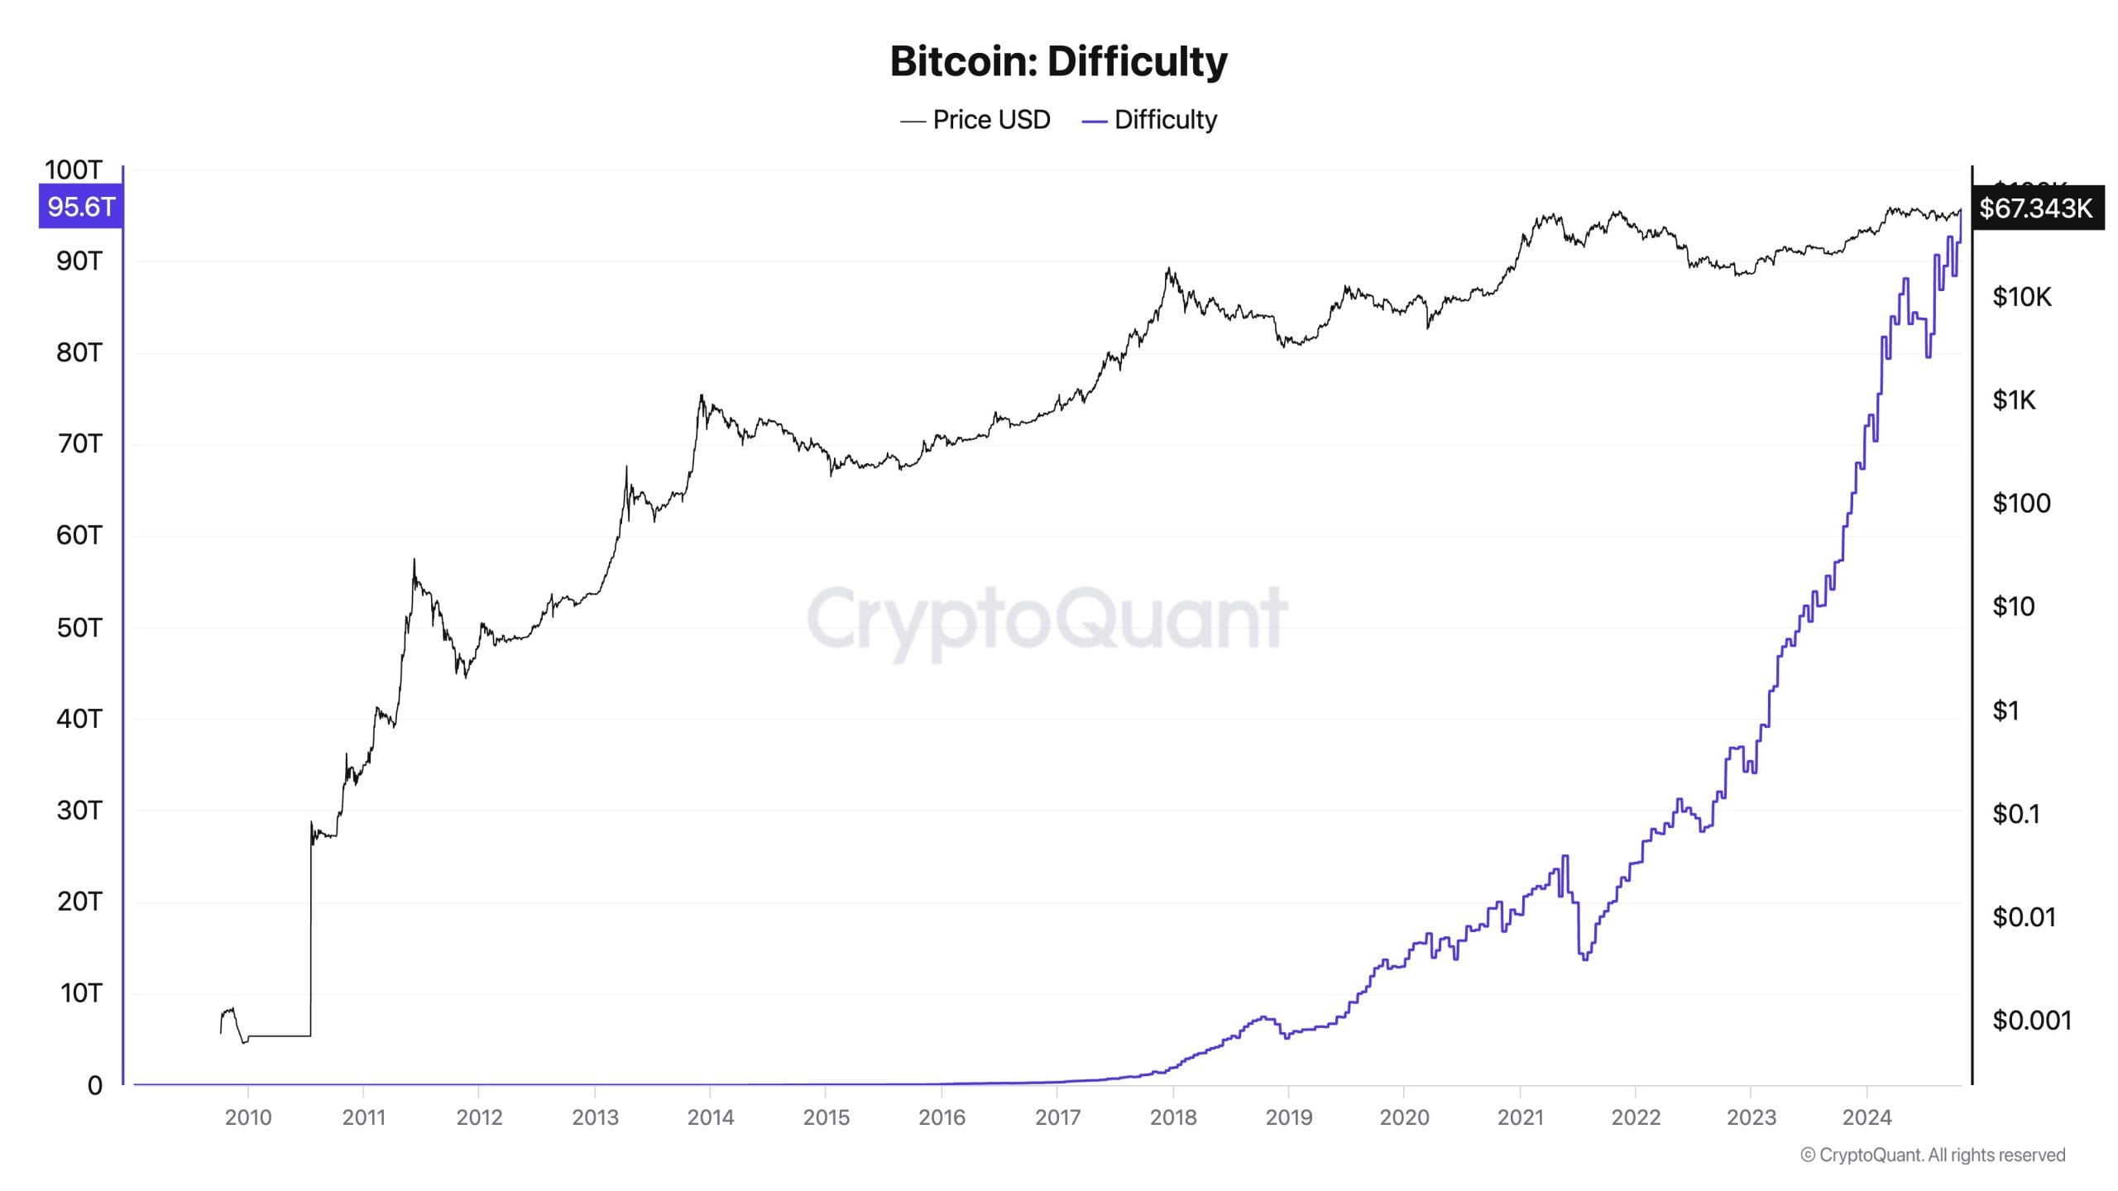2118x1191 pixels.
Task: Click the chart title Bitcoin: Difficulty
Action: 1058,61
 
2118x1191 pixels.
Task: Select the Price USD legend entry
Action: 976,120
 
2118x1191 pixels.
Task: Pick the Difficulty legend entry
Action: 1150,120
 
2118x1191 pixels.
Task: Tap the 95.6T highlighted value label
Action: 81,207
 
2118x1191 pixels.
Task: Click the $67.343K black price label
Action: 2036,208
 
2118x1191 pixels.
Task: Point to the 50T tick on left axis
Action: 79,628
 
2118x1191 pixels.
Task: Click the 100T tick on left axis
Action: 73,170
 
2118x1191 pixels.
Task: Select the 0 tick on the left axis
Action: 95,1085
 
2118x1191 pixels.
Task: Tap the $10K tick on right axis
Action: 2021,297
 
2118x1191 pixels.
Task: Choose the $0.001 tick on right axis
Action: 2031,1021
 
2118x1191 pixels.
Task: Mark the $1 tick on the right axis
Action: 2005,710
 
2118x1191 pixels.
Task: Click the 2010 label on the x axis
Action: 248,1117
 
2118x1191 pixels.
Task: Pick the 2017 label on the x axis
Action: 1057,1117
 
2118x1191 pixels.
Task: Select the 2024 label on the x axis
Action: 1866,1117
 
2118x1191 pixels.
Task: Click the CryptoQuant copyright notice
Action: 1933,1155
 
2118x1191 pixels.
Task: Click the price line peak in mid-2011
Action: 414,562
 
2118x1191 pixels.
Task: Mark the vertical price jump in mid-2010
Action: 311,926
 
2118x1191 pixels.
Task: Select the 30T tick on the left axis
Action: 79,811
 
